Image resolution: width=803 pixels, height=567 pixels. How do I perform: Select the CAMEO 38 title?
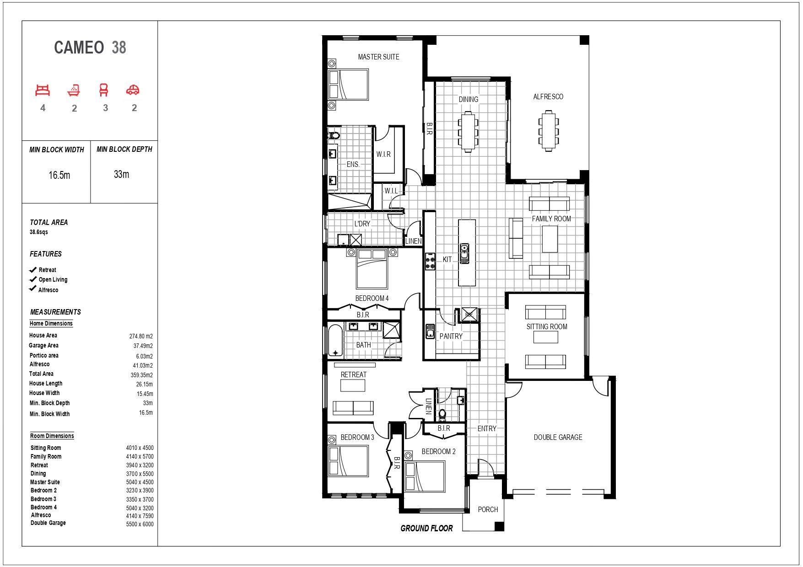(x=90, y=48)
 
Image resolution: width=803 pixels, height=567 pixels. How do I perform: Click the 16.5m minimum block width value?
(x=59, y=175)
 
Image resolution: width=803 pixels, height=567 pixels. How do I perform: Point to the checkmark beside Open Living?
(x=33, y=279)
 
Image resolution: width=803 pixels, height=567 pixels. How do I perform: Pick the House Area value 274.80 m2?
(x=141, y=336)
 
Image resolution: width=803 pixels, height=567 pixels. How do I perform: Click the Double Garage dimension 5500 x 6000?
(x=140, y=524)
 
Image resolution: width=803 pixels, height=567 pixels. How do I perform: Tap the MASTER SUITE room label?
(x=378, y=57)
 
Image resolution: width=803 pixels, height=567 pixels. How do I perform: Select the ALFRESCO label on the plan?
(x=548, y=96)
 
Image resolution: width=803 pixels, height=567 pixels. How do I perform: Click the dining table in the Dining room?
(x=468, y=132)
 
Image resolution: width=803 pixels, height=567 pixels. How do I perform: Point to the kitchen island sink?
(x=464, y=254)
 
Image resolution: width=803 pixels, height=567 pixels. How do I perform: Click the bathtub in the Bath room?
(x=335, y=340)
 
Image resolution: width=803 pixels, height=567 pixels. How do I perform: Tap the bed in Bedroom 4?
(x=372, y=268)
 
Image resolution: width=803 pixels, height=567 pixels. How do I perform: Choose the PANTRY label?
(x=451, y=336)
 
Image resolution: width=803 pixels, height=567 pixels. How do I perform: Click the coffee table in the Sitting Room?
(x=546, y=337)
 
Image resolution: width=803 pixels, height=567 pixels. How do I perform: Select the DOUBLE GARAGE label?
(x=558, y=437)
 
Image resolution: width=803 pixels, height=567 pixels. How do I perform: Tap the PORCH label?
(x=488, y=509)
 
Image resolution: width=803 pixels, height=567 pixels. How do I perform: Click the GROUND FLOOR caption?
(x=426, y=528)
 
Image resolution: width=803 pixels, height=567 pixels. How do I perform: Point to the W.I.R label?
(x=383, y=154)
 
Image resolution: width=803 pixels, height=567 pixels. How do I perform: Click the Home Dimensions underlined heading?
(x=51, y=323)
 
